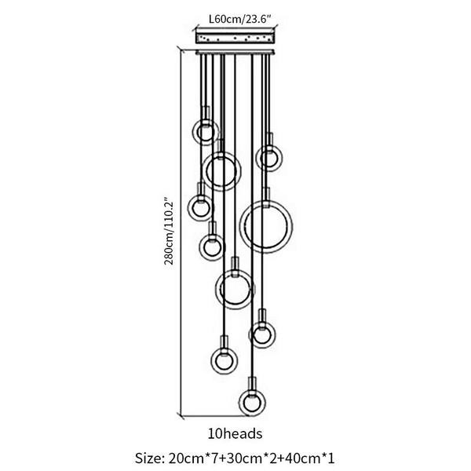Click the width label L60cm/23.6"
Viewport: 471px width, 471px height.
(x=240, y=19)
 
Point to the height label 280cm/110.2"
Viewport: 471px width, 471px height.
(x=169, y=231)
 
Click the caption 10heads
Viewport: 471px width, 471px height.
(x=235, y=434)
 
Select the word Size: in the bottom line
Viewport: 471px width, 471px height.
(x=149, y=458)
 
